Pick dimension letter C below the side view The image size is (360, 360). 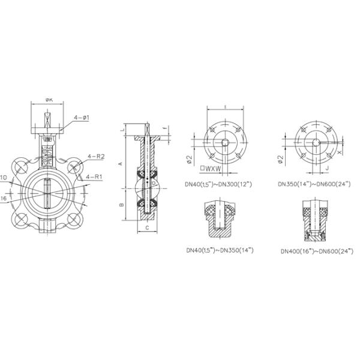pyautogui.click(x=148, y=228)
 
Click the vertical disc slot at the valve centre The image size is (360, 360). pyautogui.click(x=47, y=194)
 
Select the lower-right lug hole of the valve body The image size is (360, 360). pyautogui.click(x=75, y=220)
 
